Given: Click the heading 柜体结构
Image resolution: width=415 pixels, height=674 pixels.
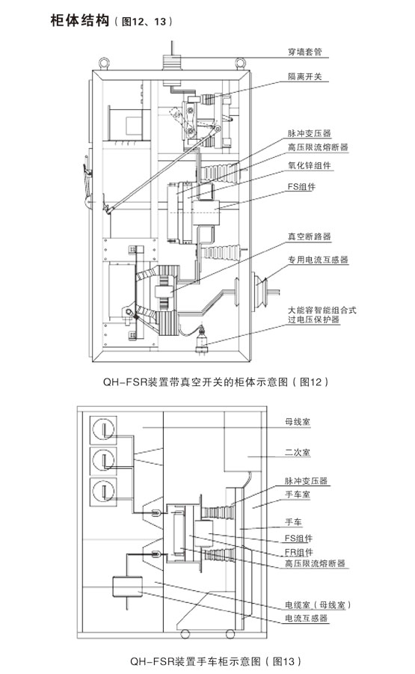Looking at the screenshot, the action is tap(79, 21).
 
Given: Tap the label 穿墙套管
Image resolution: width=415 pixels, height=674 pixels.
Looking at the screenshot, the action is tap(304, 52).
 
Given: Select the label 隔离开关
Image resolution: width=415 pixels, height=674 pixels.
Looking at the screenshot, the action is tap(304, 76).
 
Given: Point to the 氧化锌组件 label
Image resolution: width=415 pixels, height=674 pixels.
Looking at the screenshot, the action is tap(310, 165).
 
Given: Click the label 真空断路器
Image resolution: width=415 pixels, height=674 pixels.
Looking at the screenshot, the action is tap(310, 236).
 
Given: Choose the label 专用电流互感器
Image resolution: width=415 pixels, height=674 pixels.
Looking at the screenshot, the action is tap(318, 260).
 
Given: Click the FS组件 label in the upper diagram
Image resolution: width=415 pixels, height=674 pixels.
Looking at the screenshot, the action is tap(301, 186).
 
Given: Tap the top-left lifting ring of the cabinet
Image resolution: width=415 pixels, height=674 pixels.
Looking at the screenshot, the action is tap(103, 64).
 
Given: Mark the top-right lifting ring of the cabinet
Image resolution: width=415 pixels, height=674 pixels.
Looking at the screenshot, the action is tap(240, 64).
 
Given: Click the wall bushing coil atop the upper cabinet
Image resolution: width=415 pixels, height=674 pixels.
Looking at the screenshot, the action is tap(172, 62).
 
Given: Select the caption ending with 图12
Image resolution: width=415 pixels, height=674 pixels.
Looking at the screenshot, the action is tap(215, 382).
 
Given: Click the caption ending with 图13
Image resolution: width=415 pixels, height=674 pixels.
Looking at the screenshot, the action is tap(215, 661).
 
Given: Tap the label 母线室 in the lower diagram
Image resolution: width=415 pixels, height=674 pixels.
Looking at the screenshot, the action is tap(298, 422).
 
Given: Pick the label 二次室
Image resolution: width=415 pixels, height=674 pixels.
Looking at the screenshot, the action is tap(298, 452).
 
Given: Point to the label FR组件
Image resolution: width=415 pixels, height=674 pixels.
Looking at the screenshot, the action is tap(298, 552).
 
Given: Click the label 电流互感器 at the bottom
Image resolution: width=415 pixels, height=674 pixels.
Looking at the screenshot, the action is tap(307, 618).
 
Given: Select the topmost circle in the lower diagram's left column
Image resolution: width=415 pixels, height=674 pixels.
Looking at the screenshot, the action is tap(103, 429).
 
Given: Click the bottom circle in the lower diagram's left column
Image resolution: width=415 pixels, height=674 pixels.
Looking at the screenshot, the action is tap(103, 491).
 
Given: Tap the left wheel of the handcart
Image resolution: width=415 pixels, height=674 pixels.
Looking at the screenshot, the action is tap(185, 634).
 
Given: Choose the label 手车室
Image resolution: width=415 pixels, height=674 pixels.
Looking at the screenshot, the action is tap(298, 494).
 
